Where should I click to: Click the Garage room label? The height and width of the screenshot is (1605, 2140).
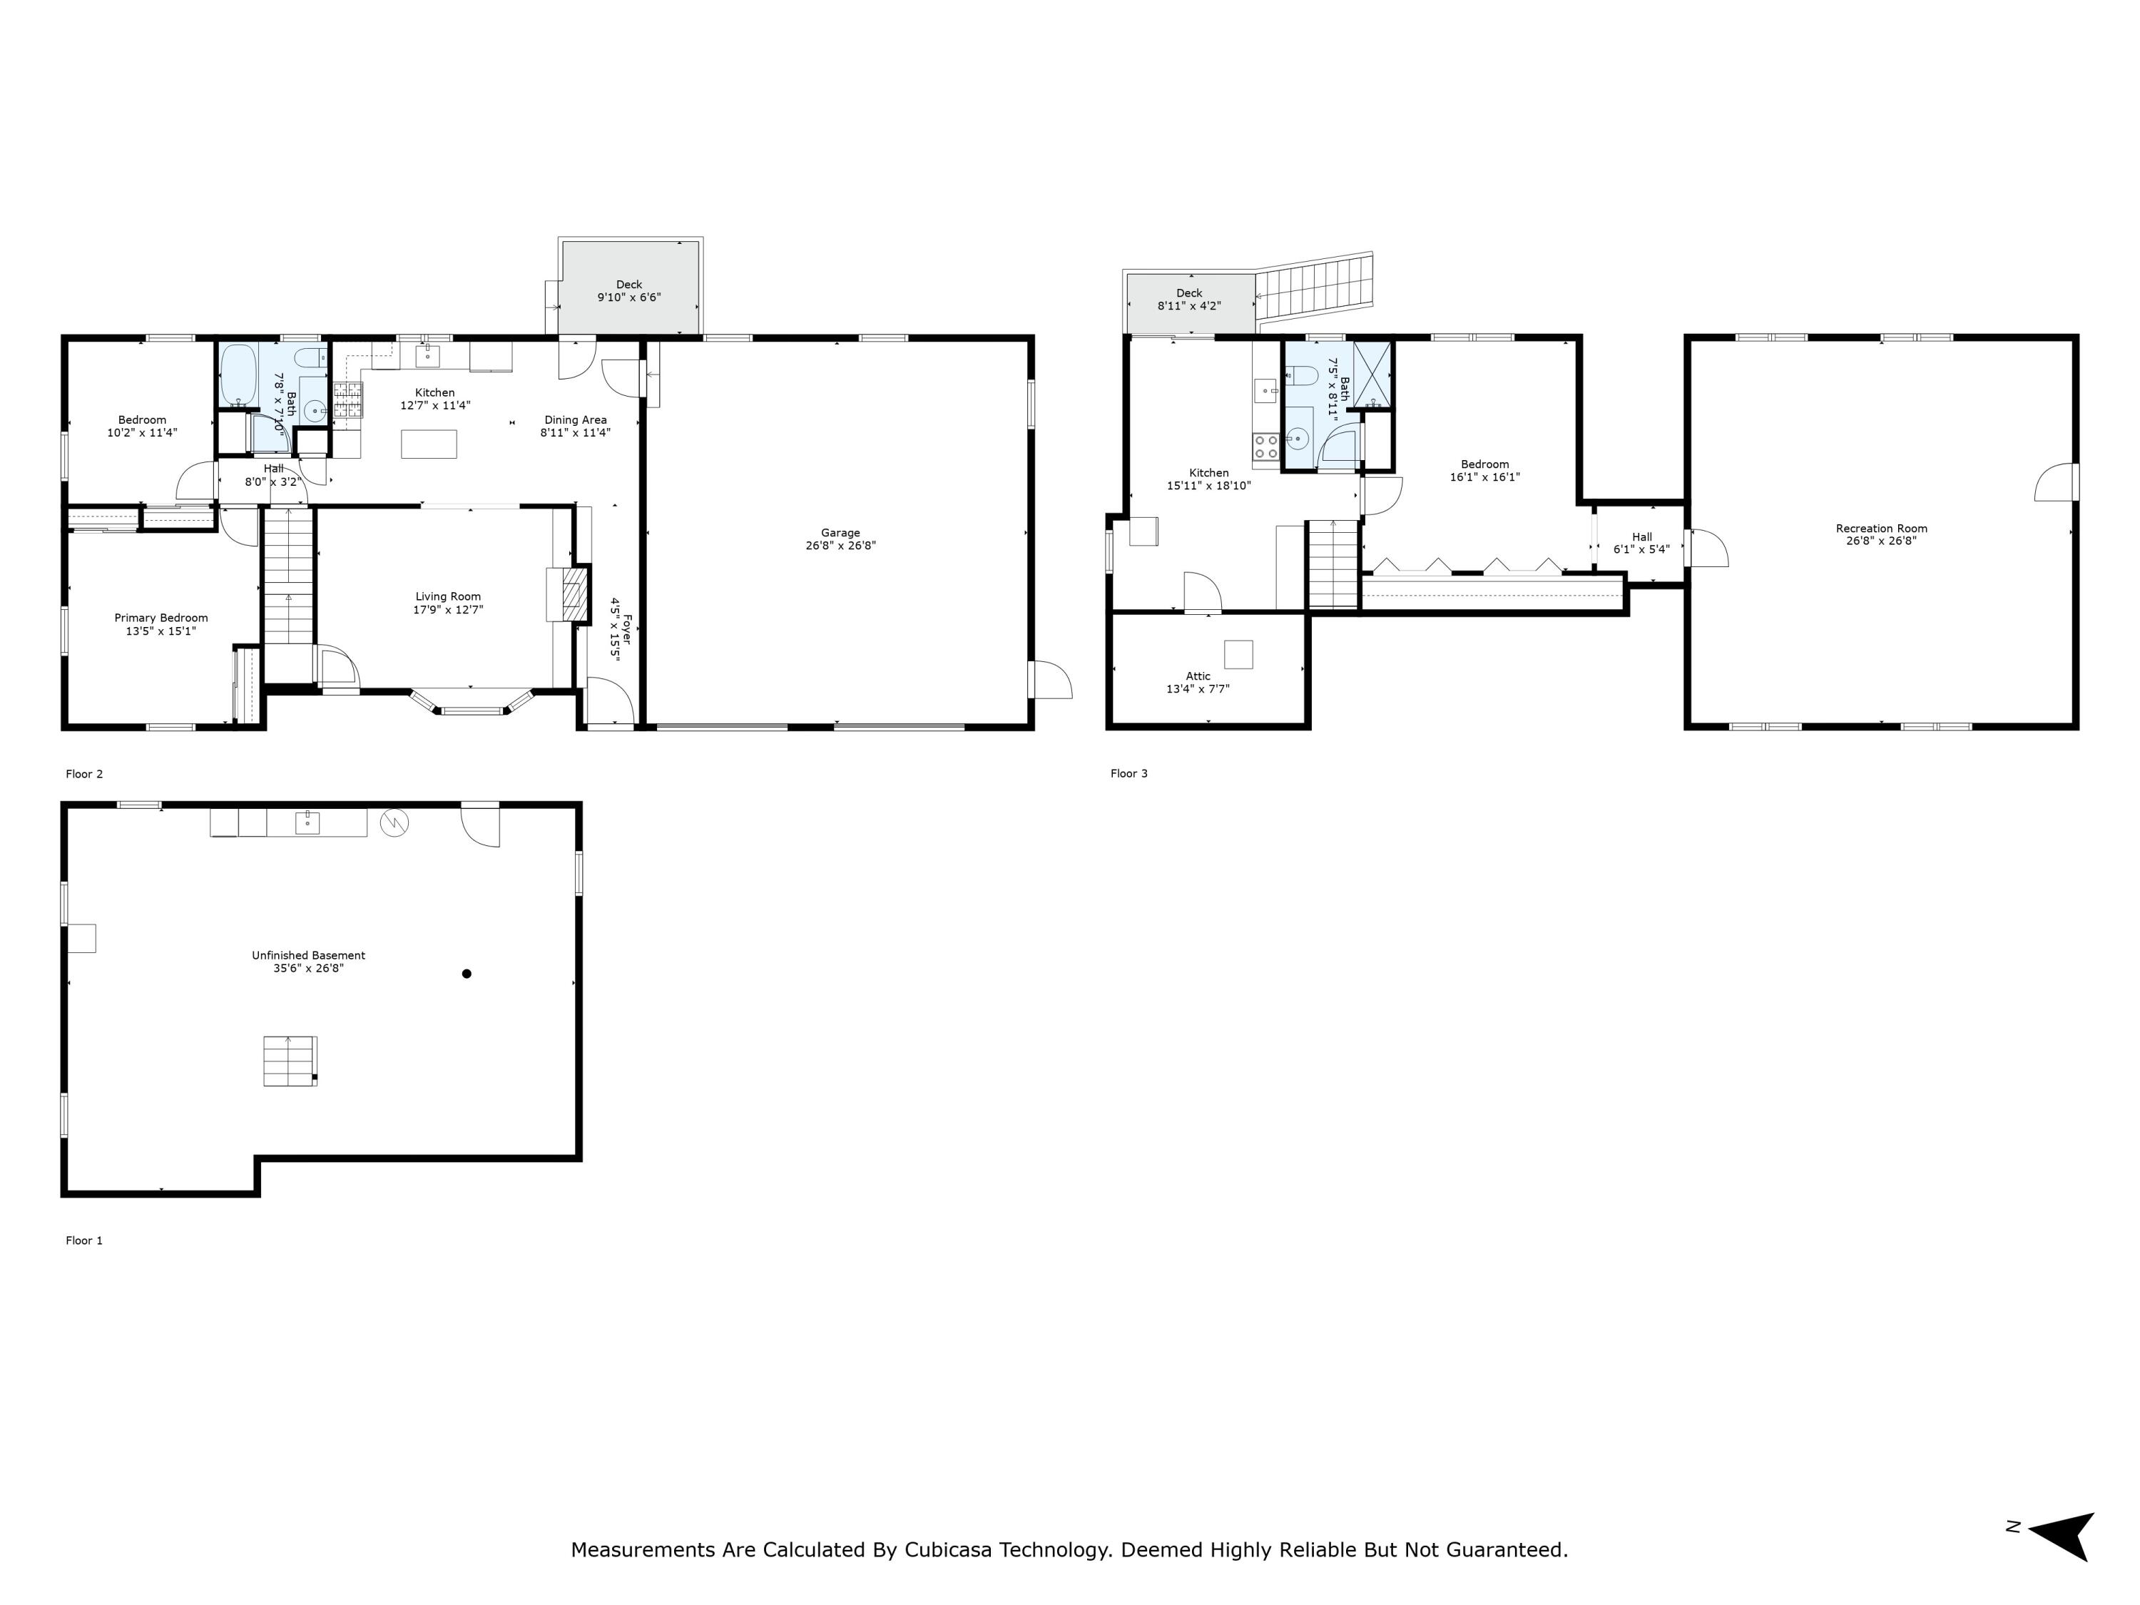840,533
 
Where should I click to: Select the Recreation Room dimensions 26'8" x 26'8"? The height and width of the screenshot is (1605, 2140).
1881,541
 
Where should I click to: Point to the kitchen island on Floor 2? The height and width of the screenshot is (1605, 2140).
429,444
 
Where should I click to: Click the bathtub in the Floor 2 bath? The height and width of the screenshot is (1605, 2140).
237,374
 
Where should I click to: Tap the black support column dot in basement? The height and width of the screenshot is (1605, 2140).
467,973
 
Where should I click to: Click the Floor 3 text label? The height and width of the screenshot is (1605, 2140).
1128,773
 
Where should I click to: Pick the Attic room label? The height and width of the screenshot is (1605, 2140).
1198,676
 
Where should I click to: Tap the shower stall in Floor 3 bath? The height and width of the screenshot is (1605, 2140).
1372,374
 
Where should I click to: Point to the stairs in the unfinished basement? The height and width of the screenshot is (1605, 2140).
290,1060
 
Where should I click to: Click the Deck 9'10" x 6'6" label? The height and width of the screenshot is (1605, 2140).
629,291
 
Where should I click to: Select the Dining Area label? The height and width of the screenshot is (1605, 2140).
575,420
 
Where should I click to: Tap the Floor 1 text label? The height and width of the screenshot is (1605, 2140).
84,1240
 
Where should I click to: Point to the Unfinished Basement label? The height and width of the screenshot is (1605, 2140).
309,955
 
